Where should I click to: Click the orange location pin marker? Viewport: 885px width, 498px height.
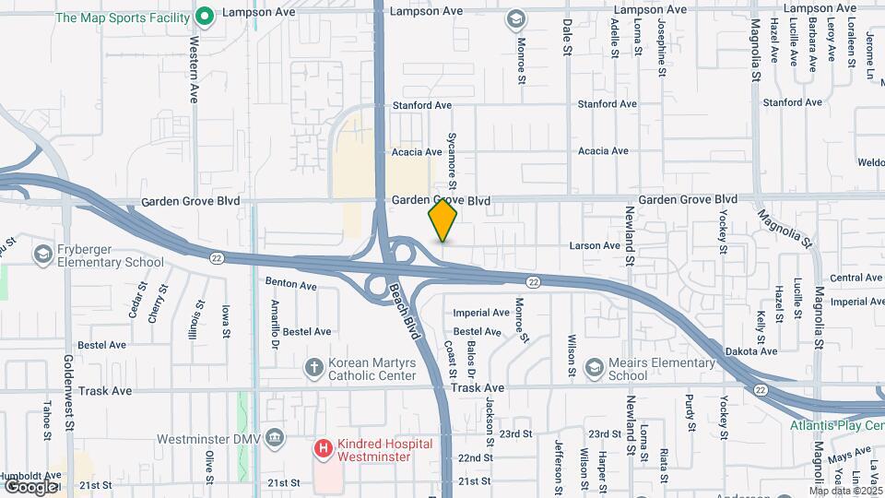[x=442, y=220]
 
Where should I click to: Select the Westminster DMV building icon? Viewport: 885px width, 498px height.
[x=274, y=437]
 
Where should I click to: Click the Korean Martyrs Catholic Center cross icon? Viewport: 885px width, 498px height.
[x=314, y=367]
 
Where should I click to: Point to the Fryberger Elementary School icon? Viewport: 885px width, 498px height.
[x=42, y=254]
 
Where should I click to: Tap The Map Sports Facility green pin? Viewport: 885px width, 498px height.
[x=205, y=16]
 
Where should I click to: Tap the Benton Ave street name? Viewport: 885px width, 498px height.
[x=290, y=286]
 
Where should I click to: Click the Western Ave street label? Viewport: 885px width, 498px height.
[x=195, y=68]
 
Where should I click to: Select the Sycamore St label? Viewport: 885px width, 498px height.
[x=453, y=153]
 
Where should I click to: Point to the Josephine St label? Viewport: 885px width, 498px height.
[x=661, y=42]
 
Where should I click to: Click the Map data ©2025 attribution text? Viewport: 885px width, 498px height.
[x=845, y=491]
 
